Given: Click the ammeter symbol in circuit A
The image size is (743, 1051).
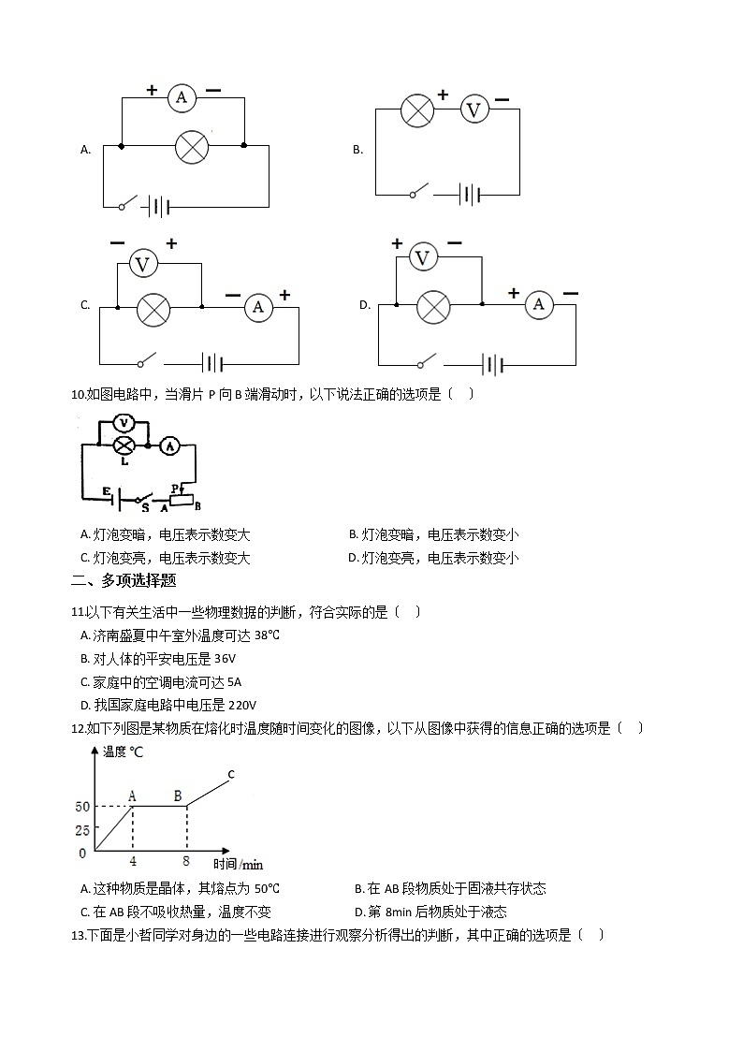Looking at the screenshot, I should pyautogui.click(x=182, y=96).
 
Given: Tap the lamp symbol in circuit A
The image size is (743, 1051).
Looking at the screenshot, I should pyautogui.click(x=192, y=147).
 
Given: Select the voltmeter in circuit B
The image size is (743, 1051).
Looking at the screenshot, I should pyautogui.click(x=474, y=110).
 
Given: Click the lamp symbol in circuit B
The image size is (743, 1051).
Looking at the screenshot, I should pyautogui.click(x=416, y=110).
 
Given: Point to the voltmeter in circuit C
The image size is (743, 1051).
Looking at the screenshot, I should pyautogui.click(x=143, y=265).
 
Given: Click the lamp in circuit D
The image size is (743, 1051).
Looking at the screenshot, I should pyautogui.click(x=432, y=306).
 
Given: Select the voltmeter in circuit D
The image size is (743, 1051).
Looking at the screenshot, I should pyautogui.click(x=423, y=257).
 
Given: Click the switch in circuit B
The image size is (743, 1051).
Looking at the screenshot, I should pyautogui.click(x=421, y=191).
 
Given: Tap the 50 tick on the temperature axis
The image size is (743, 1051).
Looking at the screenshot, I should pyautogui.click(x=82, y=807).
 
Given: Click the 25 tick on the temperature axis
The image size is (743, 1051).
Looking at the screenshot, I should pyautogui.click(x=82, y=830).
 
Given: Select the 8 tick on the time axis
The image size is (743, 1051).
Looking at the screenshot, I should pyautogui.click(x=187, y=862).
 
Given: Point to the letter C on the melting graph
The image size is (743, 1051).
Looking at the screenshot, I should pyautogui.click(x=230, y=774).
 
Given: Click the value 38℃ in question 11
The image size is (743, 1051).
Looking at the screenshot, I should pyautogui.click(x=267, y=635).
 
